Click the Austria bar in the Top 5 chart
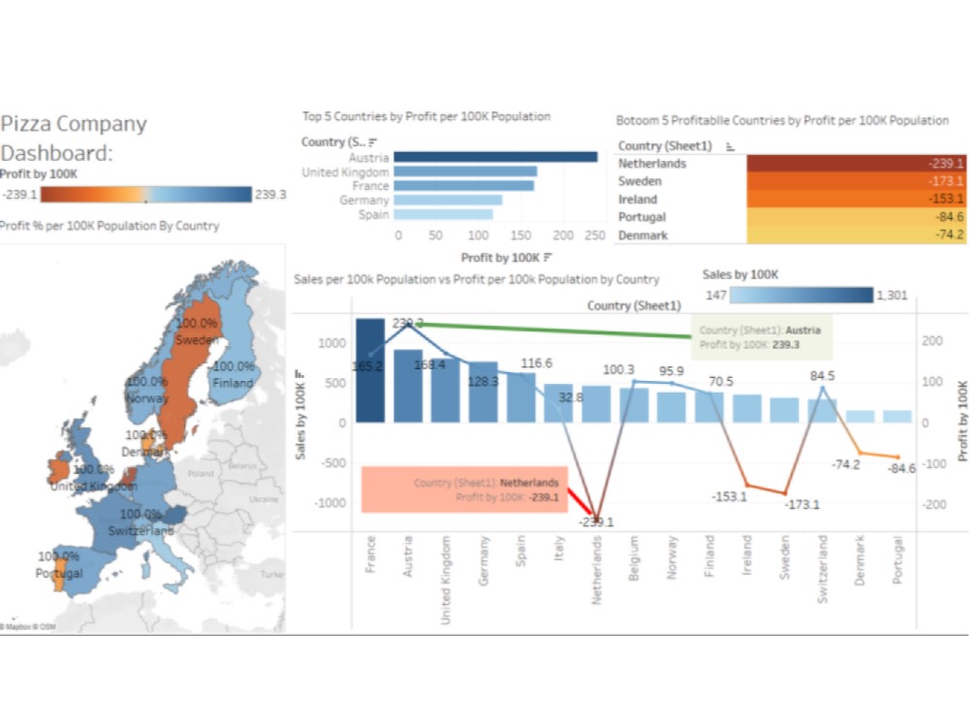click(x=495, y=157)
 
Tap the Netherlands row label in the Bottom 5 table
click(x=652, y=164)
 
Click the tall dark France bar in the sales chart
click(x=370, y=370)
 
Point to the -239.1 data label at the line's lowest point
click(x=597, y=522)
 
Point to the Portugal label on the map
click(x=60, y=573)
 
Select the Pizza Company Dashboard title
click(x=74, y=139)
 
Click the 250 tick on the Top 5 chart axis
click(x=595, y=236)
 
